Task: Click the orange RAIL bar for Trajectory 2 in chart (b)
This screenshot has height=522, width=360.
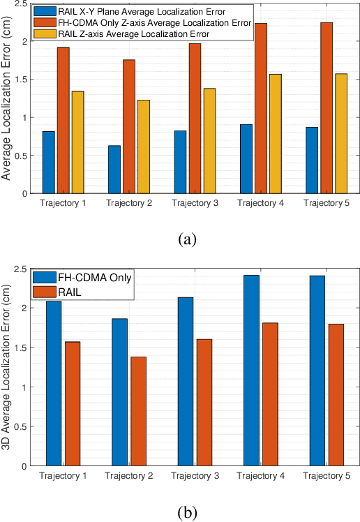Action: (138, 411)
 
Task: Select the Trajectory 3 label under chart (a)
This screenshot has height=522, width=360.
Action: (194, 203)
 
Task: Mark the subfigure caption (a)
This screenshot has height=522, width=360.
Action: (187, 239)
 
